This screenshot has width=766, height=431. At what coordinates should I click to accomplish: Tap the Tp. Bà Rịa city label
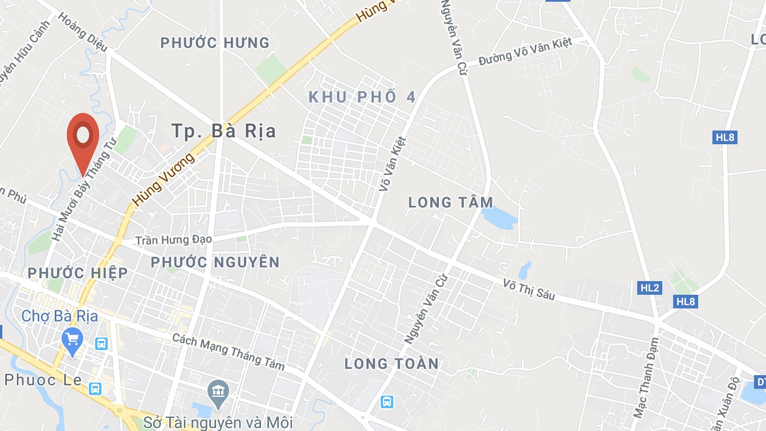click(224, 131)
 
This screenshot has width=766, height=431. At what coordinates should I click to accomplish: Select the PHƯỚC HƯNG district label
click(215, 43)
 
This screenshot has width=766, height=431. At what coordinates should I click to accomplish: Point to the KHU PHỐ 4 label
click(362, 97)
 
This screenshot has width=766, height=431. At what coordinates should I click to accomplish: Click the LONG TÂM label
click(451, 202)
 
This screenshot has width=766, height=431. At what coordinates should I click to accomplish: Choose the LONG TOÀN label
click(392, 363)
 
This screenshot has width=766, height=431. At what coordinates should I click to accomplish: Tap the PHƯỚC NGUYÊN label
click(215, 262)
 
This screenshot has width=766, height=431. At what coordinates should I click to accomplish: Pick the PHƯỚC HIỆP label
click(78, 273)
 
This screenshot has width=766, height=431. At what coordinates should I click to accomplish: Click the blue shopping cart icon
click(72, 340)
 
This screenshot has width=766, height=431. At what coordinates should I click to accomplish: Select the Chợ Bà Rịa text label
click(60, 316)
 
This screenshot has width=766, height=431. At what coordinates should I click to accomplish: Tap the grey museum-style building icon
click(219, 391)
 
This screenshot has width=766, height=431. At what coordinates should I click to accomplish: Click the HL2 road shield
click(650, 288)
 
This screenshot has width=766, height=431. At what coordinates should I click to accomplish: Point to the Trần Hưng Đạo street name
click(174, 240)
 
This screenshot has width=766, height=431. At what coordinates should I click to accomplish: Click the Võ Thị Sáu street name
click(529, 289)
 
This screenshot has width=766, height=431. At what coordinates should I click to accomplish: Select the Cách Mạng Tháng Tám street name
click(228, 351)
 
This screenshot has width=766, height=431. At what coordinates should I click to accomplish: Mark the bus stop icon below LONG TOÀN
click(387, 402)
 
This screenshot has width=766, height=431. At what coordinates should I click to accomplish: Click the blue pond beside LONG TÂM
click(499, 217)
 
